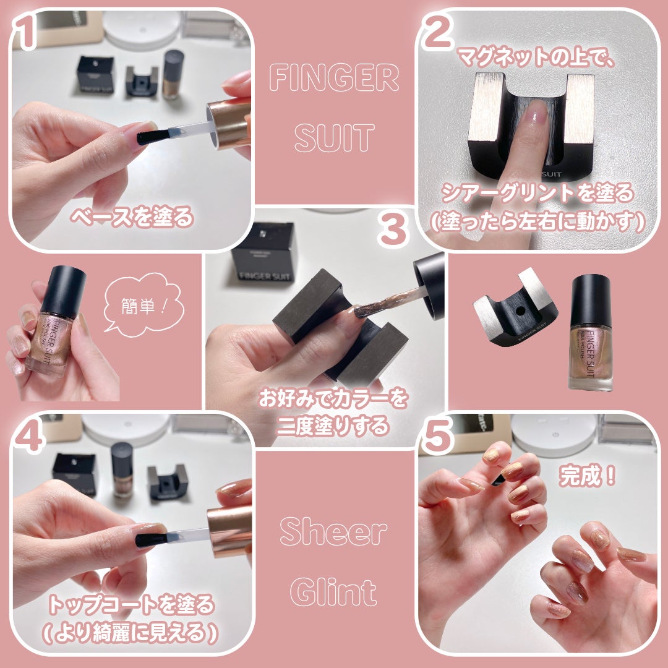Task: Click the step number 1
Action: (x=26, y=34)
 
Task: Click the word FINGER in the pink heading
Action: (x=334, y=79)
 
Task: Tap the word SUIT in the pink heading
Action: (x=334, y=137)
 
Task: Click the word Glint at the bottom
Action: (x=334, y=592)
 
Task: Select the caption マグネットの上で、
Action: (x=536, y=59)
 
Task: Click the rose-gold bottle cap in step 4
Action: (x=229, y=531)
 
